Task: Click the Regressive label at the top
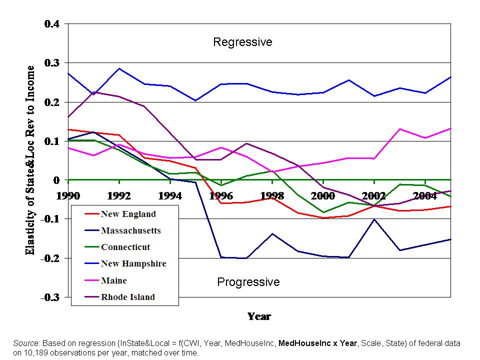pos(242,42)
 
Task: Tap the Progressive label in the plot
pos(248,282)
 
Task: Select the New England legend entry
pos(128,214)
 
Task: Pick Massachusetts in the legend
pos(130,230)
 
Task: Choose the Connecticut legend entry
pos(125,247)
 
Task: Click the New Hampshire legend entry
pos(133,263)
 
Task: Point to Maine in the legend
pos(114,280)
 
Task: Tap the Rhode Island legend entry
pos(127,297)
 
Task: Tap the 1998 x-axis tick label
pos(272,195)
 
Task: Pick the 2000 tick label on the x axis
pos(323,195)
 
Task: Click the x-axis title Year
pos(259,316)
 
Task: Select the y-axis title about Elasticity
pos(31,160)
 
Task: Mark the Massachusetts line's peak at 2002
pos(374,219)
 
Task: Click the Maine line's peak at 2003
pos(400,129)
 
